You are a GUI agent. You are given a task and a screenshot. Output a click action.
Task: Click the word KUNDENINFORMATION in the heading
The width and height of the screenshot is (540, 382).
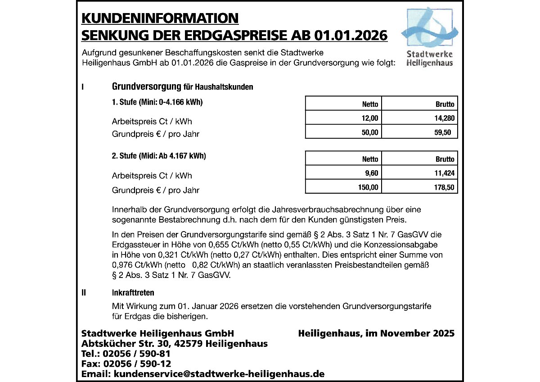pyautogui.click(x=160, y=18)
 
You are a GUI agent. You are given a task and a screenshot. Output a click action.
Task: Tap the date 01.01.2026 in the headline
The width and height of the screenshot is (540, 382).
pyautogui.click(x=351, y=35)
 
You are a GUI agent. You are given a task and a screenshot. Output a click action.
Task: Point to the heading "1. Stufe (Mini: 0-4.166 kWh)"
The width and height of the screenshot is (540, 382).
pyautogui.click(x=157, y=102)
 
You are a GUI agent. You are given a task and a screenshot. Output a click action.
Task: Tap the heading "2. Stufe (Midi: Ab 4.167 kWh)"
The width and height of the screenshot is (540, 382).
pyautogui.click(x=159, y=156)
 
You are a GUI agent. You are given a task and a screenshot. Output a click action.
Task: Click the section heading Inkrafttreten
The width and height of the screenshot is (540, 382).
pyautogui.click(x=133, y=293)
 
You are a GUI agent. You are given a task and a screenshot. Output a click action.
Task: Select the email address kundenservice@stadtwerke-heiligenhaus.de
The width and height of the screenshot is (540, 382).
pyautogui.click(x=219, y=374)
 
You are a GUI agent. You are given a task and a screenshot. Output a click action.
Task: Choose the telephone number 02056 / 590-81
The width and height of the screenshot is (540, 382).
pyautogui.click(x=137, y=354)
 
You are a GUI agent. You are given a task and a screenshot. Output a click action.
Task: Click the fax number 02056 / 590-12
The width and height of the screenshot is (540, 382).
pyautogui.click(x=137, y=364)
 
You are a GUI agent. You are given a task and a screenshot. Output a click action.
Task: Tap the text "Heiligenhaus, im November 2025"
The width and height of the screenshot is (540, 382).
pyautogui.click(x=376, y=334)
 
